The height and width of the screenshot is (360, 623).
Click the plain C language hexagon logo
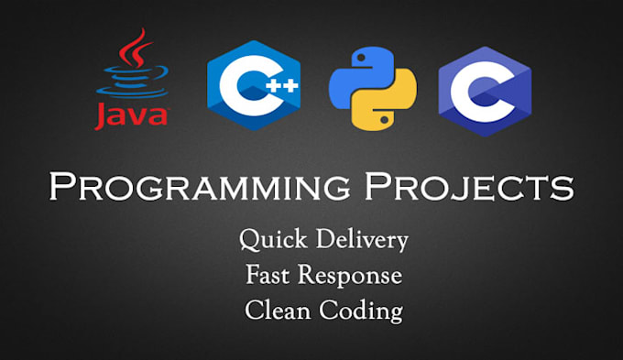pos(485,89)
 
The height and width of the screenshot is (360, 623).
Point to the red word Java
pos(131,115)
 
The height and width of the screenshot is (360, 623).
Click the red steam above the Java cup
pos(137,49)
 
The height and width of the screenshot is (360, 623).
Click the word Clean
pos(278,310)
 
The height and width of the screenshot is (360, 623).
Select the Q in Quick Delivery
pos(250,241)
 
